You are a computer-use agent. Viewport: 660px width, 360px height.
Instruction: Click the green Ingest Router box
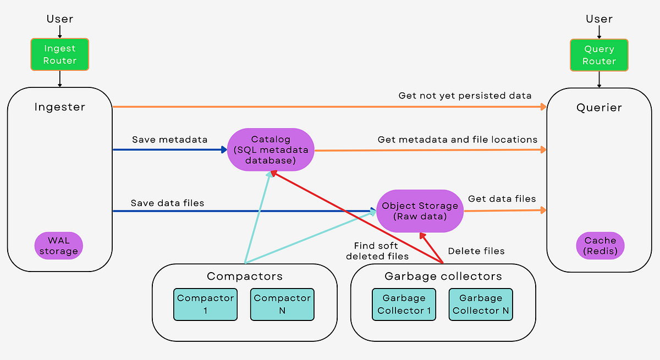coord(59,54)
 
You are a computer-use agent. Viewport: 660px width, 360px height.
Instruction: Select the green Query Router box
coord(599,55)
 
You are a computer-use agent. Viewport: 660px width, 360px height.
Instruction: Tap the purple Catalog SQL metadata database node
coord(271,149)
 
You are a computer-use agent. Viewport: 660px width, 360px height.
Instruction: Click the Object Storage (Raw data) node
coord(420,211)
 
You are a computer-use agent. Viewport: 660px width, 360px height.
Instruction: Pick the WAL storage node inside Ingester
coord(59,246)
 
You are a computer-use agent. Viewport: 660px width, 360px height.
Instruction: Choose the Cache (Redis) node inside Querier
coord(600,246)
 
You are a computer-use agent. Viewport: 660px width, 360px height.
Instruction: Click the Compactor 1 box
coord(206,304)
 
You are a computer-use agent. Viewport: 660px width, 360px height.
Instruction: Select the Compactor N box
coord(282,304)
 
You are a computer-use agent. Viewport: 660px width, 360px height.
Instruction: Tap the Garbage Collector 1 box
coord(404,304)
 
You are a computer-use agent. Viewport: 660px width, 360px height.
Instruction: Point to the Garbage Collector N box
coord(481,304)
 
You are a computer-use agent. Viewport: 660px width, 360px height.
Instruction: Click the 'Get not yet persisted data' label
coord(465,96)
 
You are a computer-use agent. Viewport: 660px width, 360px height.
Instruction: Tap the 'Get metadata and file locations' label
coord(457,140)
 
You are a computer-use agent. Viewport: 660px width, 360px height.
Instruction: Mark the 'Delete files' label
coord(476,251)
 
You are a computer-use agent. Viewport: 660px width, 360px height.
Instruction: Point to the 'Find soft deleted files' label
coord(377,251)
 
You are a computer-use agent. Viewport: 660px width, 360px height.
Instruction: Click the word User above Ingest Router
coord(59,19)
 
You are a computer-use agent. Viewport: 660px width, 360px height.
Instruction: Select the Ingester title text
coord(59,107)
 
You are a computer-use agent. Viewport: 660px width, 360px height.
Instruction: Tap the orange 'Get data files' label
coord(502,199)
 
